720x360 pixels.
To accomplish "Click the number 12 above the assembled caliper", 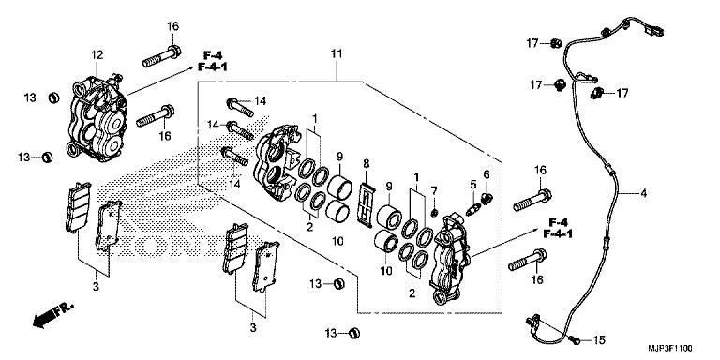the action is [x=97, y=55].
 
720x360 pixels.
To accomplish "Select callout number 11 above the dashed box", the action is [x=337, y=53].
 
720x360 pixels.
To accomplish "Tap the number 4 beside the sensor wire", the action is [x=643, y=194].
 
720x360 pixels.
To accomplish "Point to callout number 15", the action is [x=599, y=340].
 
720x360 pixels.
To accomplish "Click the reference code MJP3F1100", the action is [x=670, y=349].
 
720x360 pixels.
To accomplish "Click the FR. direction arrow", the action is [x=52, y=315].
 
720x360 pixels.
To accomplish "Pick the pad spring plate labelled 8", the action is [x=366, y=204].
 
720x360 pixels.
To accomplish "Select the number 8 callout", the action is [x=366, y=163].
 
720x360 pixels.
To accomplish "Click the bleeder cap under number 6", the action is [x=487, y=199].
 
